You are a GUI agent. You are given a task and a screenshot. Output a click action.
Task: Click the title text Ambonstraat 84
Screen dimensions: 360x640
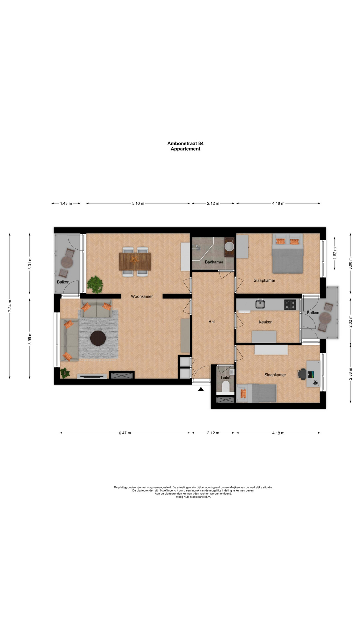(185, 143)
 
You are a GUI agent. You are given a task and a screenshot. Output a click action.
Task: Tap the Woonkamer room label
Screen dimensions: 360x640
(142, 296)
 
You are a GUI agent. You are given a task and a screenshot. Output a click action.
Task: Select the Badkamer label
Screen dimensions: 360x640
(214, 262)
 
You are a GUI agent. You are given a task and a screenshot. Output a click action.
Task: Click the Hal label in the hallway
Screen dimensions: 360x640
(211, 322)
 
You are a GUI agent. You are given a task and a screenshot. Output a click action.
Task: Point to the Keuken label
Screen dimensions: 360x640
(265, 322)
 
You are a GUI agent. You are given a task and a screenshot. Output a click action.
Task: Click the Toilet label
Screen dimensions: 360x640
(225, 377)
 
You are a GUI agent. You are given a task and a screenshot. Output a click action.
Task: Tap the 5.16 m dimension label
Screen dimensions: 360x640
(138, 203)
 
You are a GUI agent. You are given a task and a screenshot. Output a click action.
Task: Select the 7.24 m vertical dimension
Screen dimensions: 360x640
(10, 306)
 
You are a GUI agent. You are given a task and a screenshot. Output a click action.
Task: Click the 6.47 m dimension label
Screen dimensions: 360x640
(125, 433)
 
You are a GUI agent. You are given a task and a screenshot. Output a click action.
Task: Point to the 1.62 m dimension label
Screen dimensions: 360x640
(335, 253)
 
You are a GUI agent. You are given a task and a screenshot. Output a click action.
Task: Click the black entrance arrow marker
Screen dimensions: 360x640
(201, 389)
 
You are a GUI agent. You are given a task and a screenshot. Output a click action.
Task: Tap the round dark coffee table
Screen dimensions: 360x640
(98, 338)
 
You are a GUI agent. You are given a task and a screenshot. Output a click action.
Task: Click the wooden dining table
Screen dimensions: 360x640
(135, 261)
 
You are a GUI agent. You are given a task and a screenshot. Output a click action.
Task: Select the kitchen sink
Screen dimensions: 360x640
(260, 304)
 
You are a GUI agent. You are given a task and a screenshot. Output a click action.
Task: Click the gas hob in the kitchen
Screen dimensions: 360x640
(290, 305)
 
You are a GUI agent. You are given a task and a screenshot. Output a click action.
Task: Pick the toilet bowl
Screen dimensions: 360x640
(225, 387)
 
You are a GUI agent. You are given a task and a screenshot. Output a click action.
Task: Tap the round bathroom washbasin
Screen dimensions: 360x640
(229, 247)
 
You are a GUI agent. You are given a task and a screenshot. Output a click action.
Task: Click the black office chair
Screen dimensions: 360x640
(302, 374)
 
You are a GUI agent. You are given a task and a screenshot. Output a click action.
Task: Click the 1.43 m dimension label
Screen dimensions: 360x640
(66, 203)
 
